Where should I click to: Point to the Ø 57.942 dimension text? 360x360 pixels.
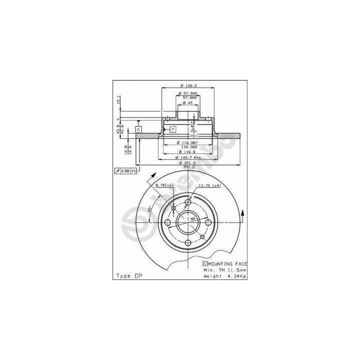tap(187, 93)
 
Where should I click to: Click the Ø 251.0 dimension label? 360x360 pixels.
tap(187, 163)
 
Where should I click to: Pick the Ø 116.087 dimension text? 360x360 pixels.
tap(187, 143)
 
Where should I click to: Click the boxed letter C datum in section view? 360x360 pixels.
tap(139, 129)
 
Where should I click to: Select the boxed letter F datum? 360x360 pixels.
tap(172, 129)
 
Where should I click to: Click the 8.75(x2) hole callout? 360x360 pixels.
tap(164, 185)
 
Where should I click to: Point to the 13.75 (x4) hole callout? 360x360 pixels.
tap(209, 185)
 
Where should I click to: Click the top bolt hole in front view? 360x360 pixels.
tap(188, 202)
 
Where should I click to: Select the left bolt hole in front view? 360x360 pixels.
tap(168, 223)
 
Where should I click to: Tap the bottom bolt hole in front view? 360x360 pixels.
tap(188, 243)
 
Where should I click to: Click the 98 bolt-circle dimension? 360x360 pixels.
tap(192, 218)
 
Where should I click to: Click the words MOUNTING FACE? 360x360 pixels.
tap(227, 263)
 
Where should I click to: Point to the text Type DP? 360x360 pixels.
tap(127, 276)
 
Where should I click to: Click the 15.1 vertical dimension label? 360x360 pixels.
tap(118, 100)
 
